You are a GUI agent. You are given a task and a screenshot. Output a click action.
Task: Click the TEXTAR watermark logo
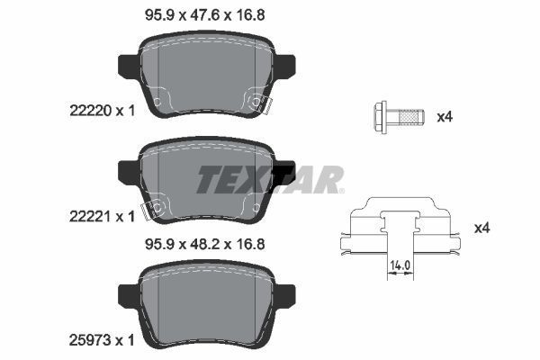270,179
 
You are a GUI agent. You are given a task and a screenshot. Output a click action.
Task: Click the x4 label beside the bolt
444,117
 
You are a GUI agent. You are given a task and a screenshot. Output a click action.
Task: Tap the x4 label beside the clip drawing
481,229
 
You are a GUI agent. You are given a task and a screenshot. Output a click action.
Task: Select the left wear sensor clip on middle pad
154,209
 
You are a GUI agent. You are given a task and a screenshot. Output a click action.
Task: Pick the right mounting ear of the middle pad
285,171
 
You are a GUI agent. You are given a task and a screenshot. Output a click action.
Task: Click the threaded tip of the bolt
411,116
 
